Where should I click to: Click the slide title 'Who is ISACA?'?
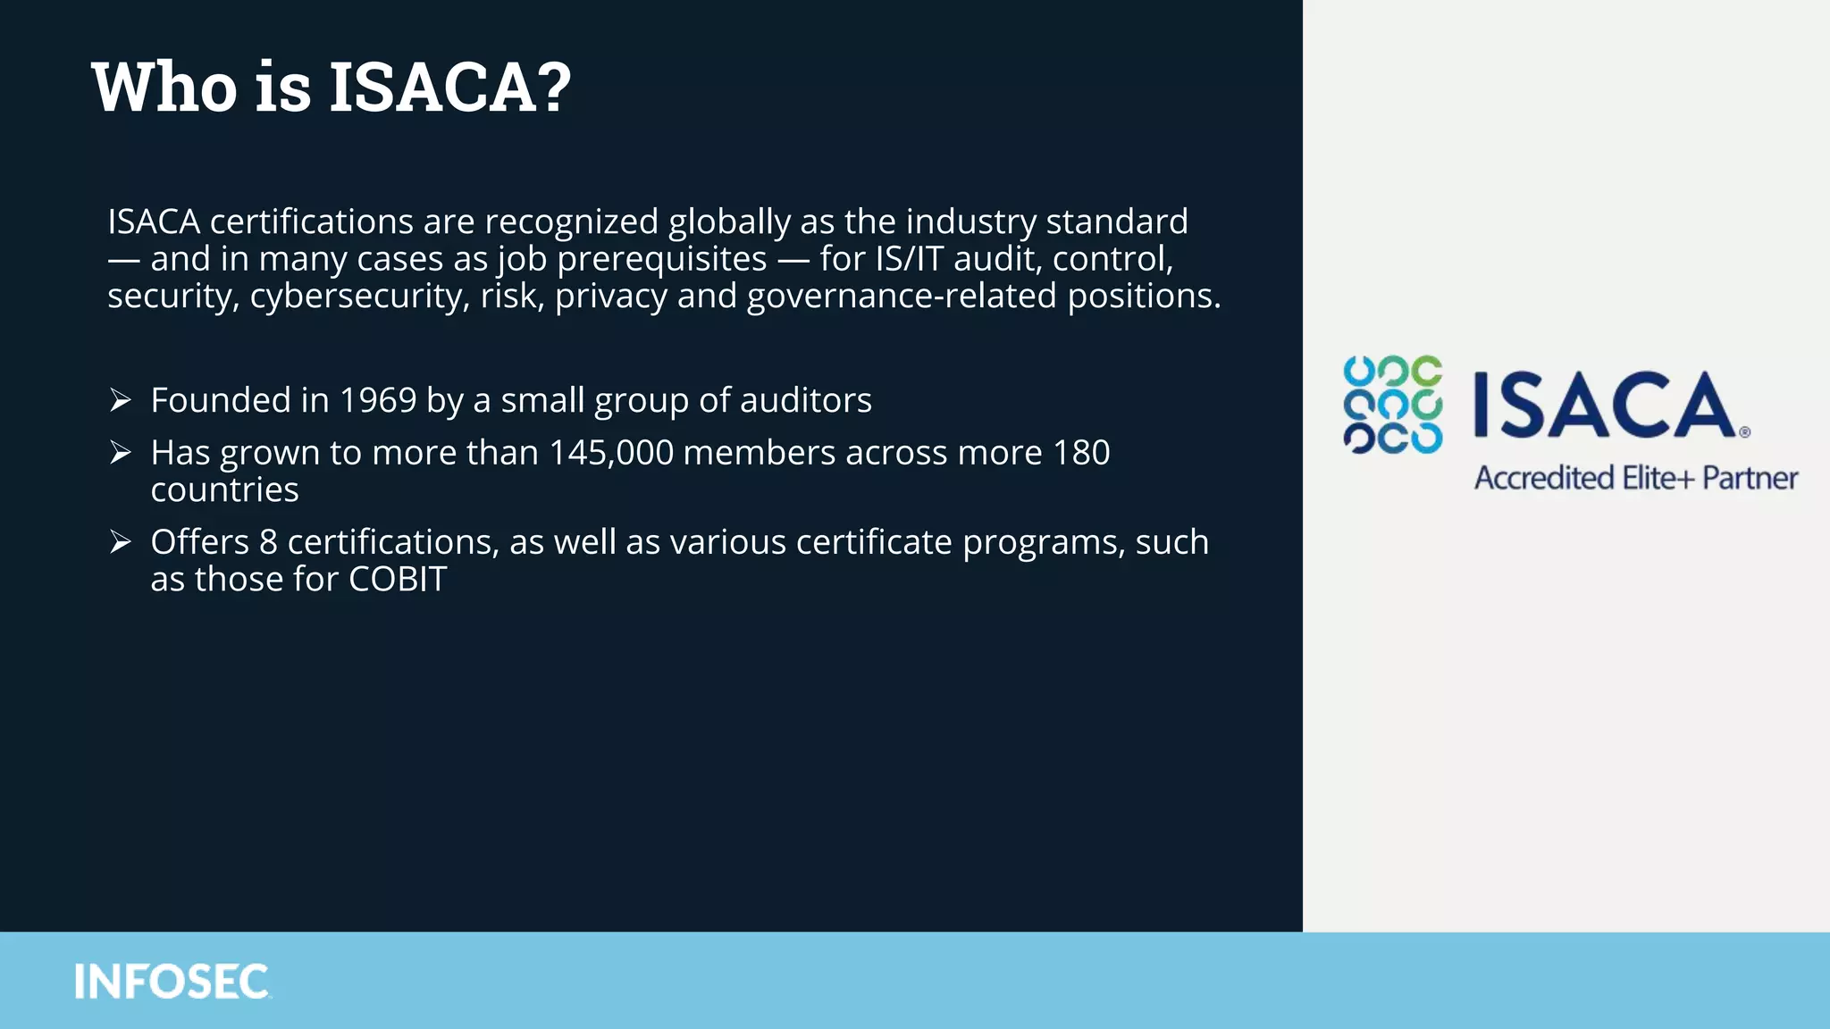coord(331,87)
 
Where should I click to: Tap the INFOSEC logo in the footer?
coord(172,982)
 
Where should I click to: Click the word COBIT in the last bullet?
coord(398,580)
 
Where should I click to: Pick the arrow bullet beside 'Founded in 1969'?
coord(121,400)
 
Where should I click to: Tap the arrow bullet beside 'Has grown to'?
coord(121,453)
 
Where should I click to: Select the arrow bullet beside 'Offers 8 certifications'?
coord(121,542)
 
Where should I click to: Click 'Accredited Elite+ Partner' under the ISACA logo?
coord(1635,478)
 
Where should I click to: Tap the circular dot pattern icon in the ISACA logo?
coord(1392,405)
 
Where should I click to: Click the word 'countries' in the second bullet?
coord(224,490)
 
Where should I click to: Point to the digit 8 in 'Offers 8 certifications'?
coord(268,542)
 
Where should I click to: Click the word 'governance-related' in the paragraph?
coord(902,296)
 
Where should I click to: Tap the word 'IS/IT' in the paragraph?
coord(910,259)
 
